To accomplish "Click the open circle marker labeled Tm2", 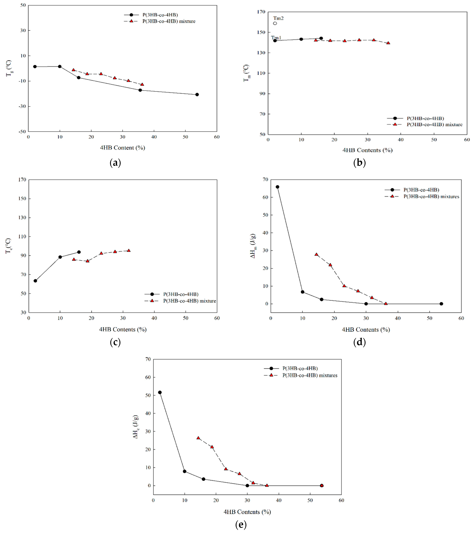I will tap(275, 23).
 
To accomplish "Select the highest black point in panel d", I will tap(277, 187).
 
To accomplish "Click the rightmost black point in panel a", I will tap(197, 95).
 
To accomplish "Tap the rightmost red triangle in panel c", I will tap(129, 250).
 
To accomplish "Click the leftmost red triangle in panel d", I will tap(316, 254).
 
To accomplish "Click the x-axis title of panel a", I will tap(122, 148).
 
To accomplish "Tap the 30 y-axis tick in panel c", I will tap(24, 312).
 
